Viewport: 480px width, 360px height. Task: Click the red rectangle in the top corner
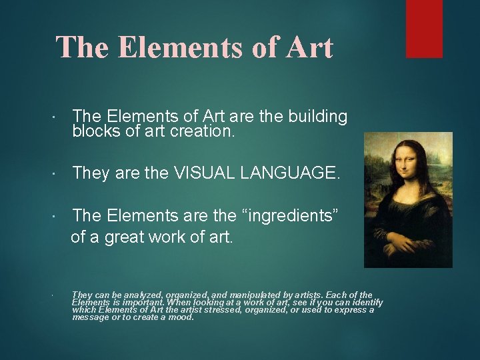(424, 28)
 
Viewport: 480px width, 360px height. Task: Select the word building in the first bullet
(318, 117)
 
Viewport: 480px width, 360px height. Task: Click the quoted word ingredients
(291, 215)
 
